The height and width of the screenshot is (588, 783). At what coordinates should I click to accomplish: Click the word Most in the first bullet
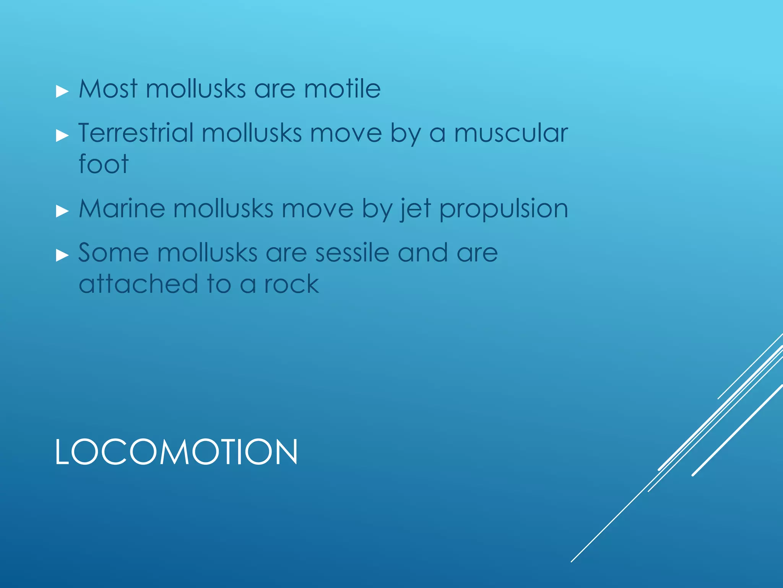(x=108, y=89)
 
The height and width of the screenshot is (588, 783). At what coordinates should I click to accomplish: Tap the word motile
(x=342, y=89)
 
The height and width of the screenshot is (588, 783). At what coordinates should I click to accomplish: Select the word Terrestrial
(x=136, y=133)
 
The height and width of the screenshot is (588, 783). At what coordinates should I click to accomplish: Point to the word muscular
(x=511, y=134)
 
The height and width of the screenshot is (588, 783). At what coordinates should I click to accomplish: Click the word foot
(x=103, y=164)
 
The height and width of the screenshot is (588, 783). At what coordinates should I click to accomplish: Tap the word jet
(x=416, y=209)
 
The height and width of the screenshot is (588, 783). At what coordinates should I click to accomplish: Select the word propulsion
(x=504, y=209)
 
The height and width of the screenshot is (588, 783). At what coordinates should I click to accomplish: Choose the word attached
(x=138, y=284)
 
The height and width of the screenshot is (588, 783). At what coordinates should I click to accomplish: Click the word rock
(x=291, y=284)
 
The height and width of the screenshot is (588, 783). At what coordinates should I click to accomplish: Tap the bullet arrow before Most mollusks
(x=62, y=91)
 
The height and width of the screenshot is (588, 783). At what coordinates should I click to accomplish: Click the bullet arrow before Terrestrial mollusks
(x=62, y=136)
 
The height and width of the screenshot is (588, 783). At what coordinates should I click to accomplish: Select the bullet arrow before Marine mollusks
(x=62, y=211)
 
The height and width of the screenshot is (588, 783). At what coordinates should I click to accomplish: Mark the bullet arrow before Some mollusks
(x=62, y=255)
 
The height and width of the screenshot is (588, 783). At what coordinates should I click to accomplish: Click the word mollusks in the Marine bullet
(x=223, y=209)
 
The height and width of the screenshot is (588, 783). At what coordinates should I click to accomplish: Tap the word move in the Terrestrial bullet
(x=346, y=134)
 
